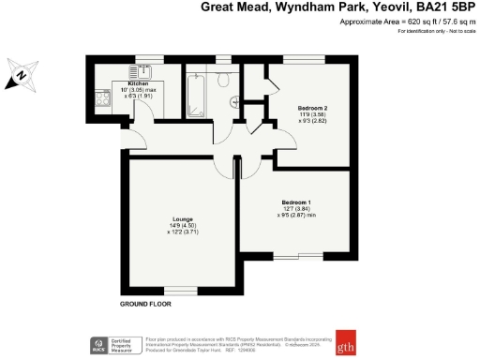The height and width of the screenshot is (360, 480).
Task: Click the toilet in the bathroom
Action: click(222, 82)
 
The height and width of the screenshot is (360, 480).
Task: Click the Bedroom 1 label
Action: click(296, 202)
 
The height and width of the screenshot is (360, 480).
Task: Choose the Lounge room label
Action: click(183, 219)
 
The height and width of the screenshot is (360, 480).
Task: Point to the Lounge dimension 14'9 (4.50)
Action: click(183, 226)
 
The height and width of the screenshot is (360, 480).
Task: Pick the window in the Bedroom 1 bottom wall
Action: click(299, 256)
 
